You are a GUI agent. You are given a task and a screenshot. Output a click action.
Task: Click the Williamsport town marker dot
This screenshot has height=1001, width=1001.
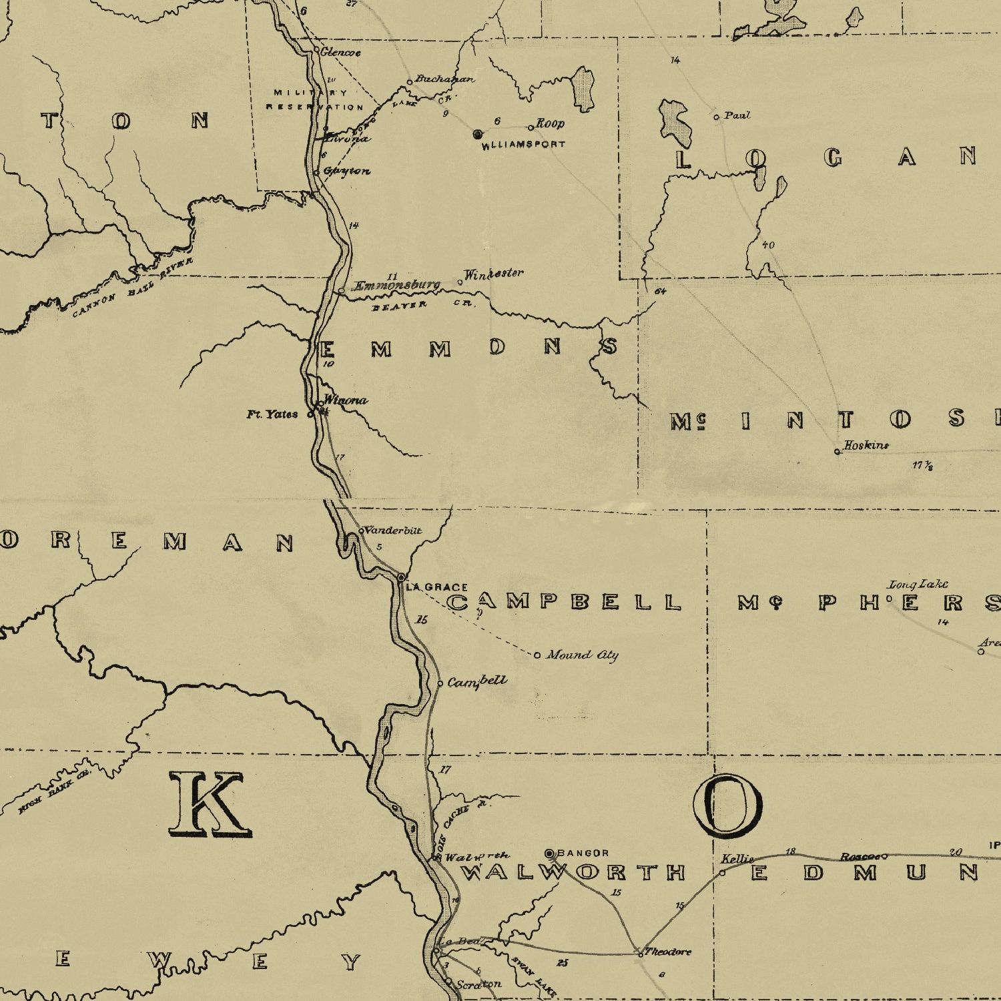(x=477, y=134)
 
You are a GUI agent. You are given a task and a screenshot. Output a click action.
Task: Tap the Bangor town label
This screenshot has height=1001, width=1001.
(x=583, y=853)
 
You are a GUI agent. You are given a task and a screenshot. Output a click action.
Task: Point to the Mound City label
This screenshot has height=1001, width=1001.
(x=582, y=655)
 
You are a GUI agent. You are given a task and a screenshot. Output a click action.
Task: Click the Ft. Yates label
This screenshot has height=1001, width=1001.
(x=272, y=414)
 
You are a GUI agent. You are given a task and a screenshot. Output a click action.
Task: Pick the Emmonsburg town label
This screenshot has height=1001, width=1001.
(x=395, y=286)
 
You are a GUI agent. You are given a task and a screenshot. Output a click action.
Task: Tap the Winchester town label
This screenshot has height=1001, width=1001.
(x=494, y=274)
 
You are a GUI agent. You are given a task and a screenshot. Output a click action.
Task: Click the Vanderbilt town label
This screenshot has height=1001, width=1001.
(x=394, y=531)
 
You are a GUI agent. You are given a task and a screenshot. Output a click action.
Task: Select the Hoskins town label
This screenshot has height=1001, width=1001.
(x=866, y=445)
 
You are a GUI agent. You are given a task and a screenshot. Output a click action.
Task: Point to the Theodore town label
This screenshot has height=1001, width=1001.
(x=668, y=952)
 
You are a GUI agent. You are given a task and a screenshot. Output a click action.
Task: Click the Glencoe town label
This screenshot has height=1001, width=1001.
(x=340, y=52)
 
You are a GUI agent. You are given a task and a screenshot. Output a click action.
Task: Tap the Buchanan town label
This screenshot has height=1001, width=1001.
(x=444, y=79)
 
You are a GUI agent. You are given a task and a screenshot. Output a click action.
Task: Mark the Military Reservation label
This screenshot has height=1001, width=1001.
(x=314, y=99)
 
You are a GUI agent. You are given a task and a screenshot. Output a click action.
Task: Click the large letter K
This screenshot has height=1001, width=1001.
(x=210, y=804)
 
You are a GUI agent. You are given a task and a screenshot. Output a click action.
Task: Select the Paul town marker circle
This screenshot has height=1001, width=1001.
(x=717, y=117)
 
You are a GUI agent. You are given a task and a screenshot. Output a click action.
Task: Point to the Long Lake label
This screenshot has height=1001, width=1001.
(x=918, y=585)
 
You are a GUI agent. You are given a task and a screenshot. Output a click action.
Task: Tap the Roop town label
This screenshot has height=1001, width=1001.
(x=551, y=123)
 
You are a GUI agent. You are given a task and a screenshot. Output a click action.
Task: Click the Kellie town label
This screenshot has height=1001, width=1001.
(x=737, y=859)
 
